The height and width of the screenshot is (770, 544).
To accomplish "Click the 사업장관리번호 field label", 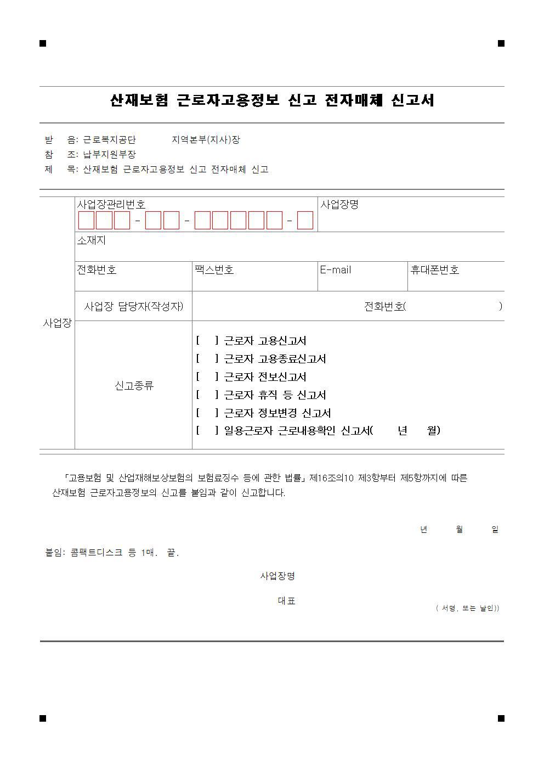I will point(111,205).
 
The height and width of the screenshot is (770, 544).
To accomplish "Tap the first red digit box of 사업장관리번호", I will point(86,220).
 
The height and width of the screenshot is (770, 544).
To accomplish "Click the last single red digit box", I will point(305,220).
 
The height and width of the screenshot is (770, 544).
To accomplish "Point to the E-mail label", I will point(336,270).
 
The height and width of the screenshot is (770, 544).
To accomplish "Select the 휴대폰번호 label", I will point(435,270).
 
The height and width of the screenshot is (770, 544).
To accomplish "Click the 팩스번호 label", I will point(214,270).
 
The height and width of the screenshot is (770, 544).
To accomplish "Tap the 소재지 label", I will point(91,240).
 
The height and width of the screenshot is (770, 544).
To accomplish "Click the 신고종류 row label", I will point(134,386).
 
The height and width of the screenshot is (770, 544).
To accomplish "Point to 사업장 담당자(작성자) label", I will point(134,306).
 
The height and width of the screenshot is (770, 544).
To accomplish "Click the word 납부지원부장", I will point(110,155).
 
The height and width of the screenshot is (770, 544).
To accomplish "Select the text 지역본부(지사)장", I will point(206,140).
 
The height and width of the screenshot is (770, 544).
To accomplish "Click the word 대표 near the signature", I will point(286,601).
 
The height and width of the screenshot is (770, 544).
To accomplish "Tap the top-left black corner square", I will point(43,43).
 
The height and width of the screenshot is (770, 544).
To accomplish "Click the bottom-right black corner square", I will point(501,718).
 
